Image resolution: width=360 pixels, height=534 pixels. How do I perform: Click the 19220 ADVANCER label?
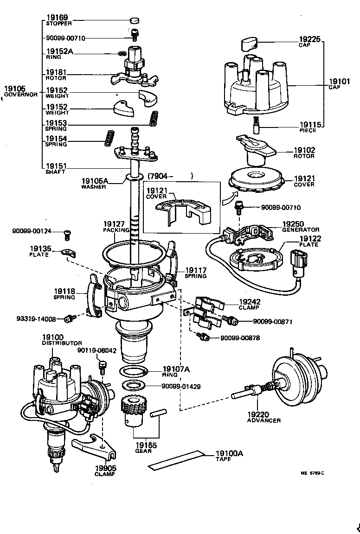(x=263, y=417)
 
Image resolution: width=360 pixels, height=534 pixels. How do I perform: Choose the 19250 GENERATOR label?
(x=301, y=226)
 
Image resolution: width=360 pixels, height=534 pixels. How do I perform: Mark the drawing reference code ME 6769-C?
(x=312, y=473)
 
